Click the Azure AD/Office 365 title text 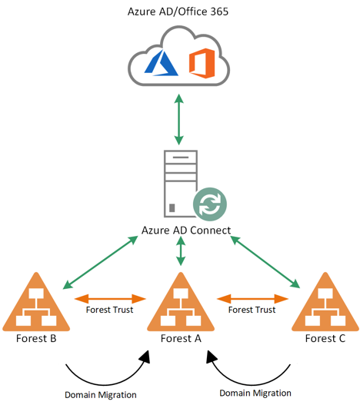(178, 12)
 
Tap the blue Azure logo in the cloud (161, 63)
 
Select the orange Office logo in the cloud (202, 63)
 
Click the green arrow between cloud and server (178, 119)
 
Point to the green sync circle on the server (210, 204)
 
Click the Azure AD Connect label (186, 230)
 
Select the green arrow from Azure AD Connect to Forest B (100, 262)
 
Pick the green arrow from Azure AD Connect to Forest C (265, 262)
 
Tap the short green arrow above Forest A (181, 251)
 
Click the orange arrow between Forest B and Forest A (110, 299)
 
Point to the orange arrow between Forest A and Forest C (252, 299)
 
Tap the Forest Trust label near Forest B (109, 310)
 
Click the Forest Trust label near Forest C (252, 310)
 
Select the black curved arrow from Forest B (103, 384)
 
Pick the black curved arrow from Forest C (252, 383)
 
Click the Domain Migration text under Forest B (101, 395)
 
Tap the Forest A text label (181, 338)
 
